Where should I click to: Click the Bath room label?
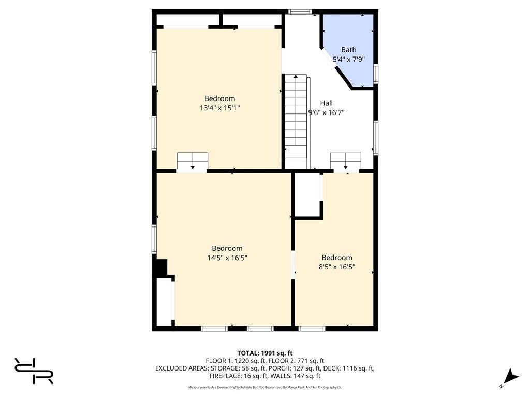348,50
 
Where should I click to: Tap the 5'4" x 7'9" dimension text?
348,60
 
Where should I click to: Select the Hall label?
326,103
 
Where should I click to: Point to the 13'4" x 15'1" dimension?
219,108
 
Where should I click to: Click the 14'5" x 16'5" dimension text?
227,258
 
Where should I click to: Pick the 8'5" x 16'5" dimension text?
337,267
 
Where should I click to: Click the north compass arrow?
512,377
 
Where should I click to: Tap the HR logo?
34,371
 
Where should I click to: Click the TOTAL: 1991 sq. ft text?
264,353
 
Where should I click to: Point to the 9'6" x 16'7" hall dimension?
326,112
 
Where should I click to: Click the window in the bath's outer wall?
376,74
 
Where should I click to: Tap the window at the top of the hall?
300,12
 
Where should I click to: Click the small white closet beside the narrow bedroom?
307,194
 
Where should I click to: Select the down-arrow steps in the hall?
345,162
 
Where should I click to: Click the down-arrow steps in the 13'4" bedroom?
193,162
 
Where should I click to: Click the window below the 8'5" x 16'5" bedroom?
312,329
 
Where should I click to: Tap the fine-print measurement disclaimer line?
265,387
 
